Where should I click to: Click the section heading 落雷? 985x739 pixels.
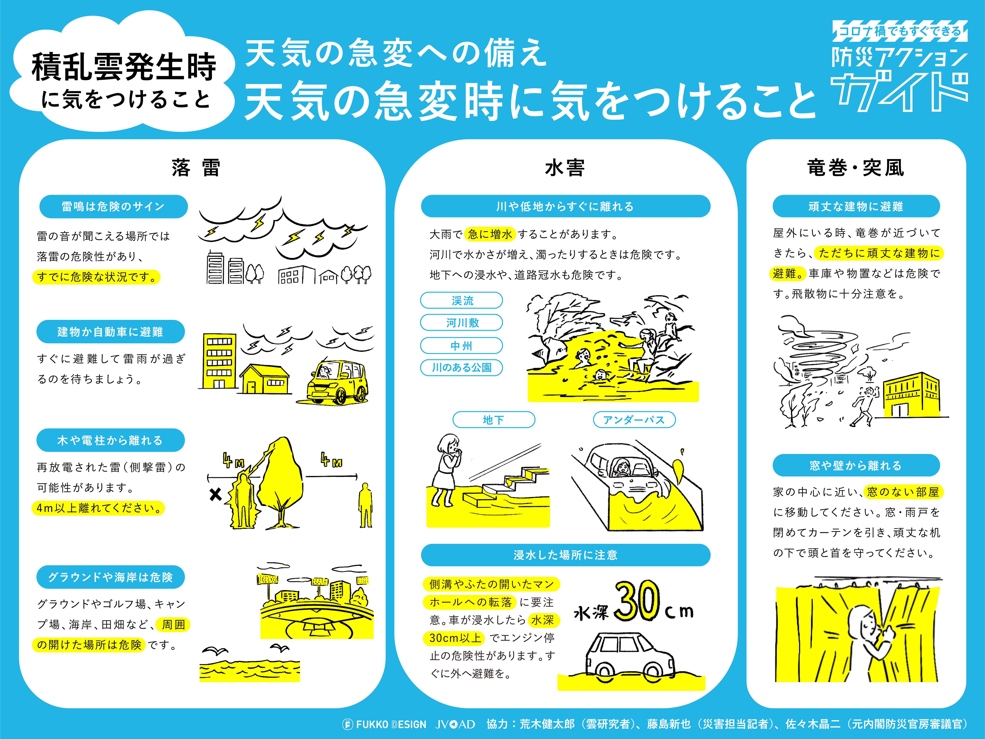tap(196, 168)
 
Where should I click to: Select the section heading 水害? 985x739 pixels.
tap(565, 168)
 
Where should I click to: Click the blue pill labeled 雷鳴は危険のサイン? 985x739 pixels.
tap(114, 206)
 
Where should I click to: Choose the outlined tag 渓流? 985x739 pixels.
tap(462, 300)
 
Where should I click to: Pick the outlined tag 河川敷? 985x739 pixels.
tap(462, 323)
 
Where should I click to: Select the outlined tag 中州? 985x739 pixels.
tap(462, 345)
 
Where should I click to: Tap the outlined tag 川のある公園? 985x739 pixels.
tap(462, 368)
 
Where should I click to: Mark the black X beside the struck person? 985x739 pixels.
tap(215, 494)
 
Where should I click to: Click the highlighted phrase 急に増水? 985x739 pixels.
tap(490, 234)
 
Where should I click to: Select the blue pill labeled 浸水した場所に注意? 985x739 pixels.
tap(566, 555)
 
